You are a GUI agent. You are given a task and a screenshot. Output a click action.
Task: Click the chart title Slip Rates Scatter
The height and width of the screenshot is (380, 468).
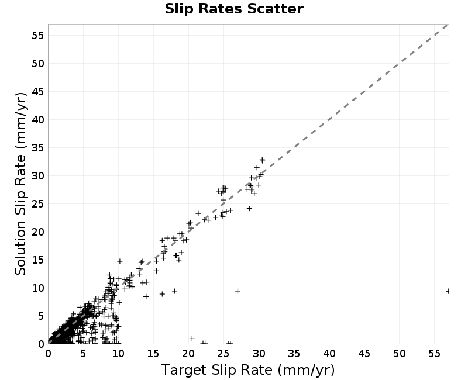(234, 9)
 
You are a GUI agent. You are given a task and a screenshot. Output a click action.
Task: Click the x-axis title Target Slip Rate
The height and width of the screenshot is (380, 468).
(216, 370)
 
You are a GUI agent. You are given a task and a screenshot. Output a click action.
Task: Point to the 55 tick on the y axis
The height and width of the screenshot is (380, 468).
(37, 36)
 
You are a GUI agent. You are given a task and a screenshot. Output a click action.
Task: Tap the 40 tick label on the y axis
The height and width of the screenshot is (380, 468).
(37, 120)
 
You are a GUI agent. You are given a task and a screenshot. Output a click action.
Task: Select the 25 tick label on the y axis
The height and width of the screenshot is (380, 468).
(37, 204)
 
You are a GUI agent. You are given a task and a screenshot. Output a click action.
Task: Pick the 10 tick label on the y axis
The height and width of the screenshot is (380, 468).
(37, 288)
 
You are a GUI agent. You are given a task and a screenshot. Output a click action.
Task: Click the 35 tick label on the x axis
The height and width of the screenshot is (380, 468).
(294, 354)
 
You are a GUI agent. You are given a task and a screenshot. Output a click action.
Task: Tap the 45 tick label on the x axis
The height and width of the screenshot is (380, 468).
(364, 354)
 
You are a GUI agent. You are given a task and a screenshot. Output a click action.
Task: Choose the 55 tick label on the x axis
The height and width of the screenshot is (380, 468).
(434, 354)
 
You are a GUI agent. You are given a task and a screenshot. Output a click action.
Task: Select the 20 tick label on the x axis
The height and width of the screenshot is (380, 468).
(188, 354)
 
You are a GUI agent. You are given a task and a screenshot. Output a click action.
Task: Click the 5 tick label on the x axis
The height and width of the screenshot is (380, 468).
(83, 354)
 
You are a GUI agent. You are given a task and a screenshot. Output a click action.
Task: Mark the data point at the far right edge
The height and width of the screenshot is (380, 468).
(448, 291)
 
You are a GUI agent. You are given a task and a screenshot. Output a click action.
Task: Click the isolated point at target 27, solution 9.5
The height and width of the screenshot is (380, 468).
(238, 291)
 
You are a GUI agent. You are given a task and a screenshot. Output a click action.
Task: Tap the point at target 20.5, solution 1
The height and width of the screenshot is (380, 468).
(192, 338)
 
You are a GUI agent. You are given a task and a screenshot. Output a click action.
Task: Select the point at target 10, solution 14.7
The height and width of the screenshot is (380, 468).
(119, 261)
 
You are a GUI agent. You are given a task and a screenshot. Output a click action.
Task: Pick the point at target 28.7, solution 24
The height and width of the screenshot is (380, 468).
(249, 209)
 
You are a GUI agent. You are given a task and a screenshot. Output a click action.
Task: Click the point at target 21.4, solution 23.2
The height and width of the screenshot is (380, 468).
(198, 213)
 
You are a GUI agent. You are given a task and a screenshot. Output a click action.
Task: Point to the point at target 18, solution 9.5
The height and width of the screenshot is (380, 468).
(174, 291)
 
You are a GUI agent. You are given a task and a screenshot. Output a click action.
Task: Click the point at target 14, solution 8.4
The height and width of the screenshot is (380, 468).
(146, 296)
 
